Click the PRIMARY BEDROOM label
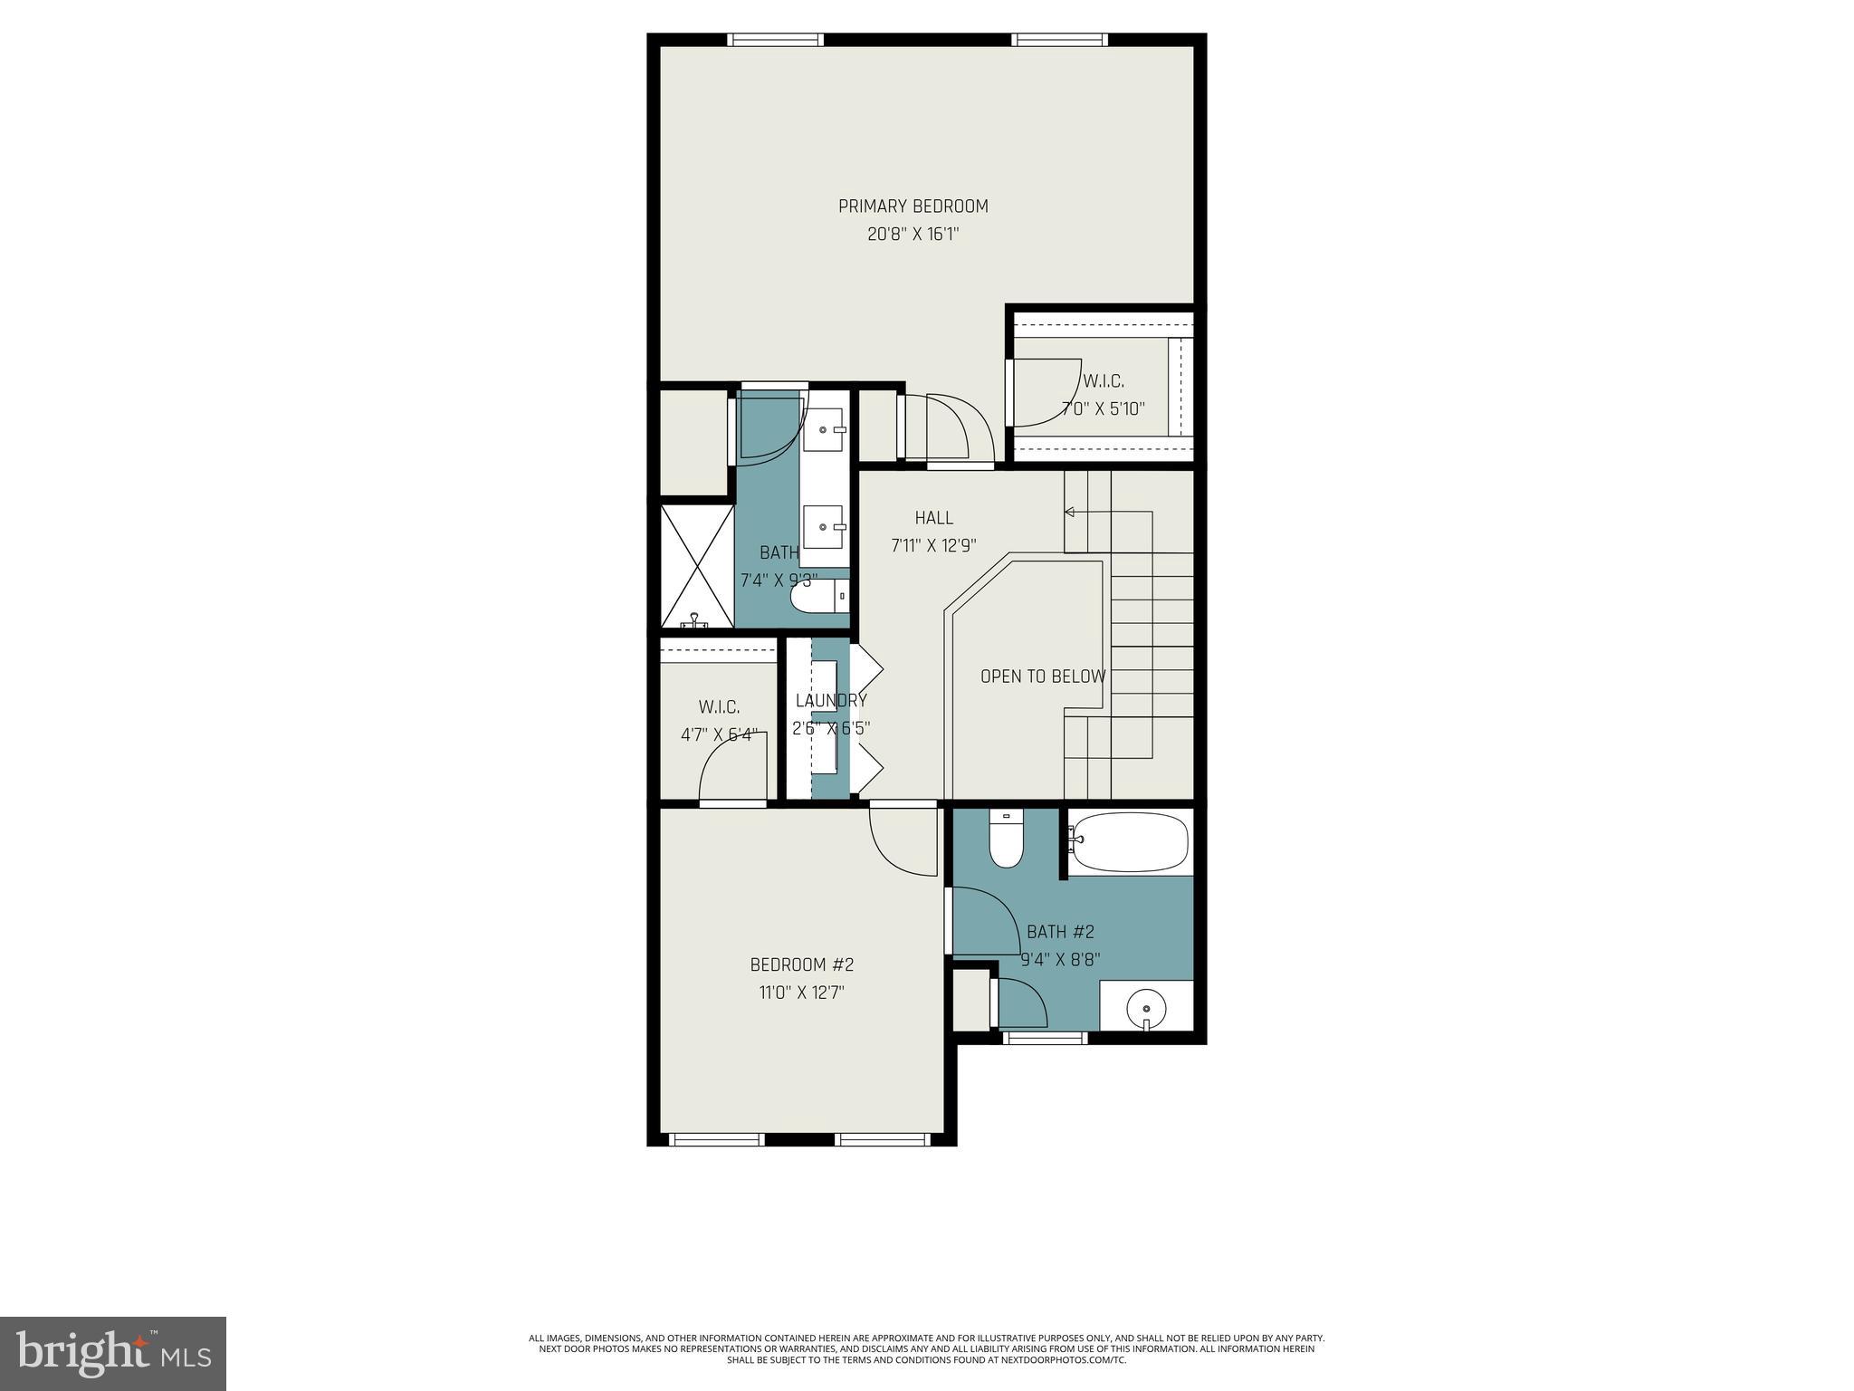(913, 206)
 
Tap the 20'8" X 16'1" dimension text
(913, 235)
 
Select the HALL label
(933, 518)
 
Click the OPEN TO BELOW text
(1042, 676)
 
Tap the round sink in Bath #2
(1146, 1007)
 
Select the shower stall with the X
(697, 567)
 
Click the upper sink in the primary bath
(824, 431)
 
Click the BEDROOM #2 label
(801, 964)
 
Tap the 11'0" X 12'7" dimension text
(801, 993)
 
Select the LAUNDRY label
(830, 700)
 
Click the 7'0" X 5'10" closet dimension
(1103, 408)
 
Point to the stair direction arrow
(1070, 513)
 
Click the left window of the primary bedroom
(775, 40)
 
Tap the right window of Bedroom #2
(882, 1139)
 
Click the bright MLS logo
(113, 1353)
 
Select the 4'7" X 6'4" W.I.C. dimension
(719, 734)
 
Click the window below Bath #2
(1045, 1039)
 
